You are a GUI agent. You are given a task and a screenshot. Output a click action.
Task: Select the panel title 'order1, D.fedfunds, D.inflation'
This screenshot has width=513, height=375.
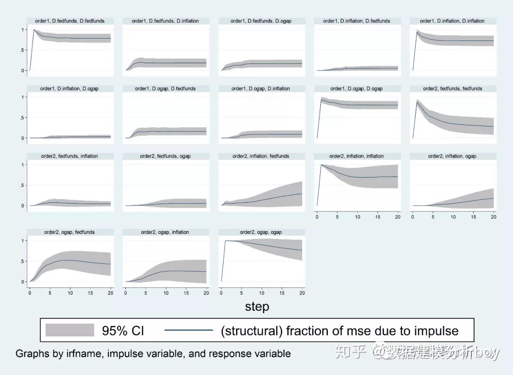165,21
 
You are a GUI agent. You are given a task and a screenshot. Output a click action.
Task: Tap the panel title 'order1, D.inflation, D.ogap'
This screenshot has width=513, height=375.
70,89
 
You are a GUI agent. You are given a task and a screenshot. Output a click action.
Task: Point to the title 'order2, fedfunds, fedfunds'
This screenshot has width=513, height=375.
452,89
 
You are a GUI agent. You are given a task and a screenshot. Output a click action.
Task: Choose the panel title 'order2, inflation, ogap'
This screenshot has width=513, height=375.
452,156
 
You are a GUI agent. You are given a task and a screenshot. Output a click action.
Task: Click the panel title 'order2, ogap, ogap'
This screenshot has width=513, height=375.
261,232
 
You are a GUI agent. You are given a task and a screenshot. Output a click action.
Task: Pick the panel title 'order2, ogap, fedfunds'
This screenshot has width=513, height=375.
70,232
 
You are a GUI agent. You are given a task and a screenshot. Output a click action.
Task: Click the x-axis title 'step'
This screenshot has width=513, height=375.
257,307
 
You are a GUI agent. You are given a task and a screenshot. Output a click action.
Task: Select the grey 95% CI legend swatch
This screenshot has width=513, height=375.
70,330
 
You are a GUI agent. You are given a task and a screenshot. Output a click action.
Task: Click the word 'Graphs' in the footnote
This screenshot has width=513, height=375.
31,354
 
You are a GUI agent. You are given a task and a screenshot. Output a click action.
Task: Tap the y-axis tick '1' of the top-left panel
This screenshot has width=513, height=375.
22,30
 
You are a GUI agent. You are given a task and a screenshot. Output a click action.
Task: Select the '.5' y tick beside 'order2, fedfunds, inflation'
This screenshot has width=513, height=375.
21,185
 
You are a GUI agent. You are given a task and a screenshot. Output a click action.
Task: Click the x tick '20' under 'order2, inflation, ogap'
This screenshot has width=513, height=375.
494,217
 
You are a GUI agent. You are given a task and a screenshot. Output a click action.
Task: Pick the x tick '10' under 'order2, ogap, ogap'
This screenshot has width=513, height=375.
262,293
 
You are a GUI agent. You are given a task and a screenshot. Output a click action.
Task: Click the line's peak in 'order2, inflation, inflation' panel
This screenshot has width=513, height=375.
322,165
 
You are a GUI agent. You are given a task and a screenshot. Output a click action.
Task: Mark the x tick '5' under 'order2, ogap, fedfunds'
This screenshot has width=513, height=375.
50,293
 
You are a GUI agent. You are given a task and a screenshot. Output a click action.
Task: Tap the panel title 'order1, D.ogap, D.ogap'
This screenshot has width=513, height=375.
356,89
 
